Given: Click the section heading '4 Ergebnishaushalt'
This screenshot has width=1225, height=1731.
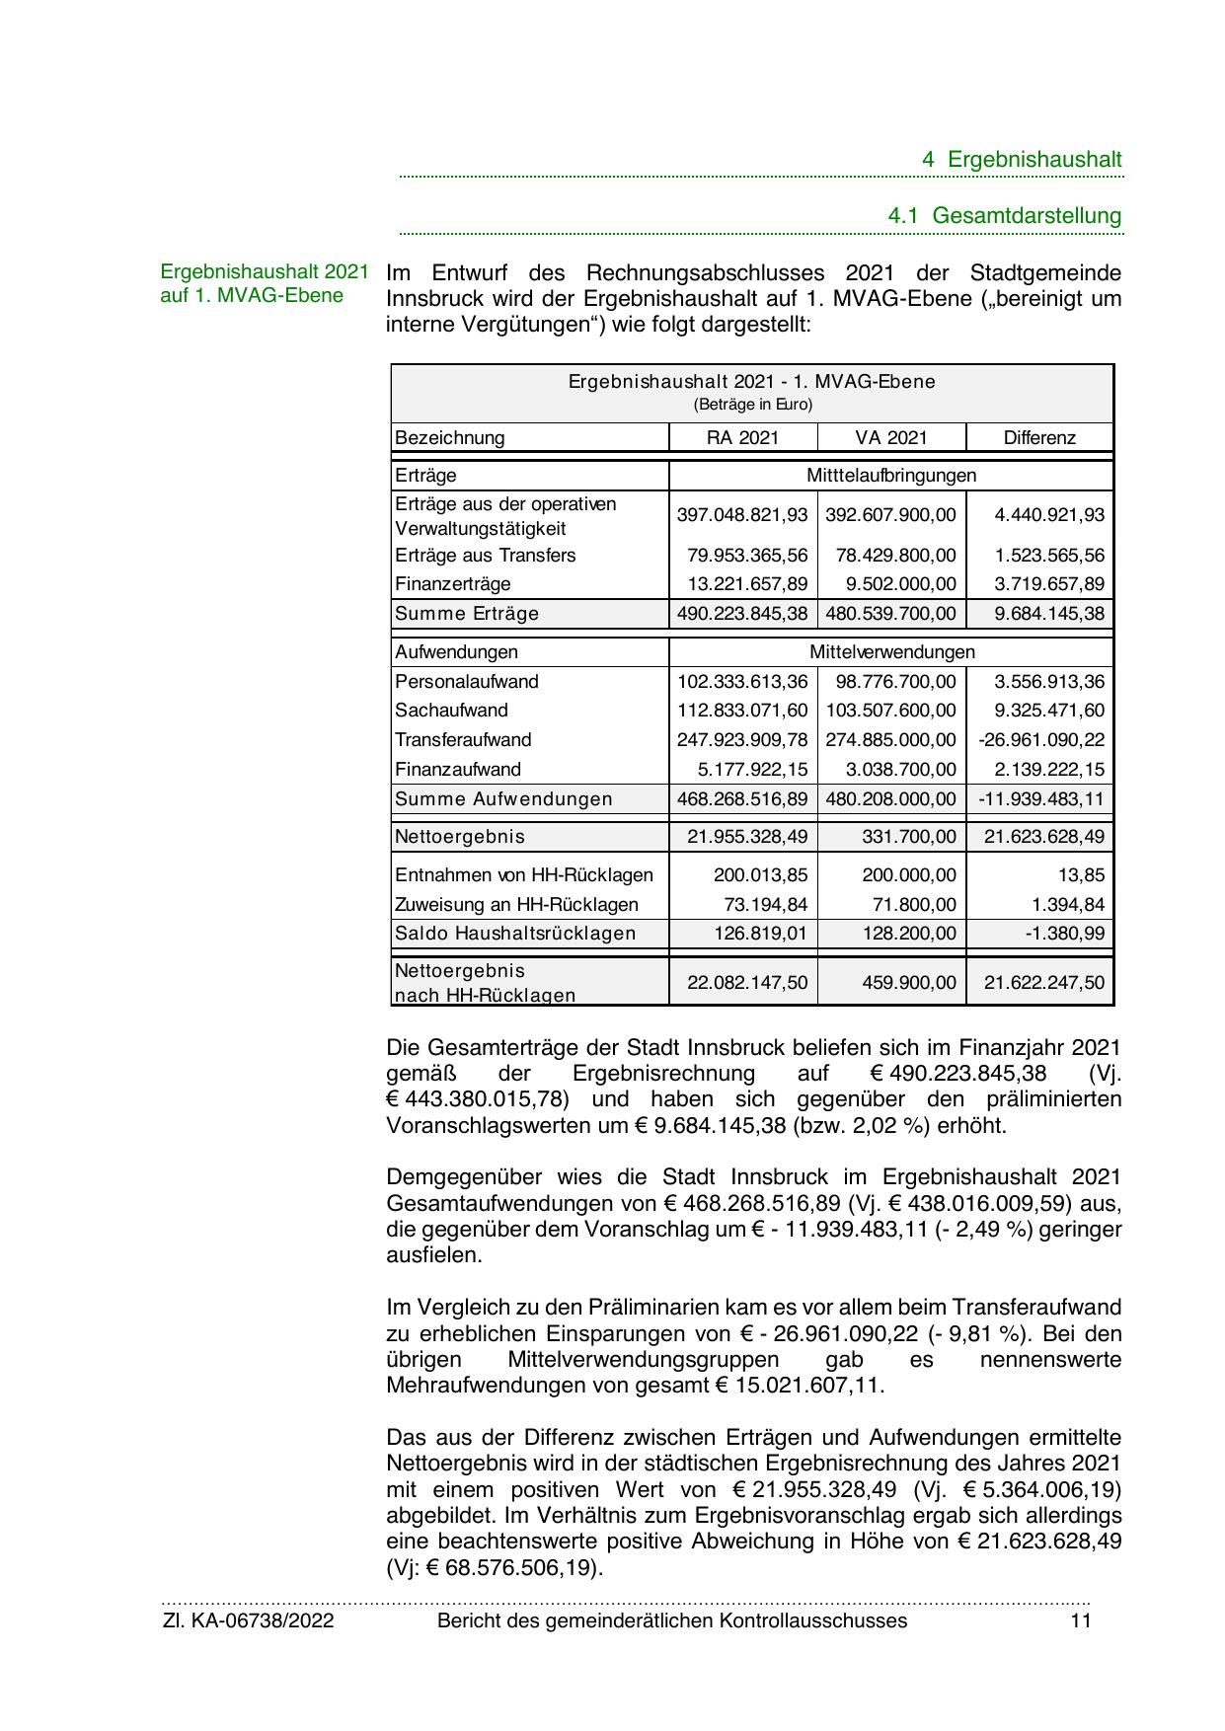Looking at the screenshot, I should (x=1022, y=160).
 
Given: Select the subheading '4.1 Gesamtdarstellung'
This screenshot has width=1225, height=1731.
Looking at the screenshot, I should (x=1005, y=215).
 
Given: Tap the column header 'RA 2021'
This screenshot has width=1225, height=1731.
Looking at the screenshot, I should (x=743, y=438).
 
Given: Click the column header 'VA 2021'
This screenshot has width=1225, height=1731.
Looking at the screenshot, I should (x=891, y=438).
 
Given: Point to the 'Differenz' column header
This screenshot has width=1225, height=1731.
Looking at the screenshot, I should (x=1039, y=438).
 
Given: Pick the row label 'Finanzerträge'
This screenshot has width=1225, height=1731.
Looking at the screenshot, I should (x=453, y=584).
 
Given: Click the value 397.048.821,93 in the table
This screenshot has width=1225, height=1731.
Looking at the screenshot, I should (x=742, y=515).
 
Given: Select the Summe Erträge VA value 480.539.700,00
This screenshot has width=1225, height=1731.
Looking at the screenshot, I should (x=890, y=614).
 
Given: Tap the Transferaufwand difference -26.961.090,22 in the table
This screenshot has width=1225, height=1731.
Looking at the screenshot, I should (x=1041, y=740).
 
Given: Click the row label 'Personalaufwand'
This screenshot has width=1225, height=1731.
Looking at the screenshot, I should (x=467, y=682).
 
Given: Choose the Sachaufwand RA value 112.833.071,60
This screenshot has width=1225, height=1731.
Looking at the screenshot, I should (x=742, y=711).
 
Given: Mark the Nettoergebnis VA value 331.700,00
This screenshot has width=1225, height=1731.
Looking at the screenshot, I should (x=909, y=837).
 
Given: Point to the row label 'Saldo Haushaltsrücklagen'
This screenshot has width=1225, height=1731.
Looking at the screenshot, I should (x=515, y=934).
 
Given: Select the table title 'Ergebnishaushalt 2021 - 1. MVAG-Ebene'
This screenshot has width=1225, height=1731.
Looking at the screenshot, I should (x=752, y=382).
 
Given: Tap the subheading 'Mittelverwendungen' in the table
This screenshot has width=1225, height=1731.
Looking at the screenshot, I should (x=891, y=652).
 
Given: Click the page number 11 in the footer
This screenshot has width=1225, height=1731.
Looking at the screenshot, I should (x=1081, y=1620).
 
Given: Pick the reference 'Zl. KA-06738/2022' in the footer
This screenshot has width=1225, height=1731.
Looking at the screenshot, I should (x=249, y=1620).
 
